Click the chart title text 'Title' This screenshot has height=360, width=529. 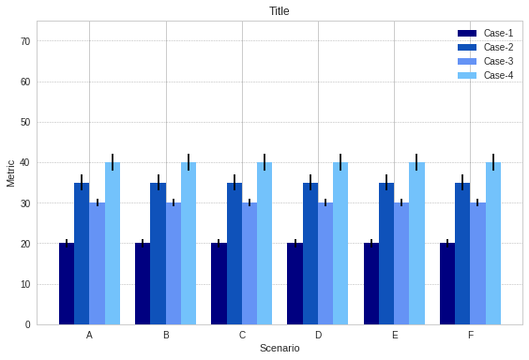pos(280,11)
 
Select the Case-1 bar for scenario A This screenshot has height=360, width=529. pos(67,284)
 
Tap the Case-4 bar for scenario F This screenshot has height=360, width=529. pos(493,244)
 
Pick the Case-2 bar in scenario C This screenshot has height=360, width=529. pos(234,254)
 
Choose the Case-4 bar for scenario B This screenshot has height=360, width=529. pos(189,244)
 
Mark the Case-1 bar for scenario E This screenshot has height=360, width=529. pos(371,284)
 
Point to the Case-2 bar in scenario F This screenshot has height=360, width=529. pos(462,254)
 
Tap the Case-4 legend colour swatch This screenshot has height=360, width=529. pos(467,75)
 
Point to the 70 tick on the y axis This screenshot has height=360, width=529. pos(27,41)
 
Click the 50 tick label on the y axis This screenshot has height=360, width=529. pos(27,123)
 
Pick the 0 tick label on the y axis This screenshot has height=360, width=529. pos(27,325)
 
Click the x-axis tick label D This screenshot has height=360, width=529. pos(318,335)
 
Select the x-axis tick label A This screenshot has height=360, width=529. pos(89,335)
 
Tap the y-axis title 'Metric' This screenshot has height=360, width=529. pos(11,172)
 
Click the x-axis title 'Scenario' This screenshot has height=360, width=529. pos(280,349)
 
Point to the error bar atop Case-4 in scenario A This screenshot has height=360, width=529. pos(113,162)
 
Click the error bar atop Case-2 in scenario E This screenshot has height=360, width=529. pos(386,182)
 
